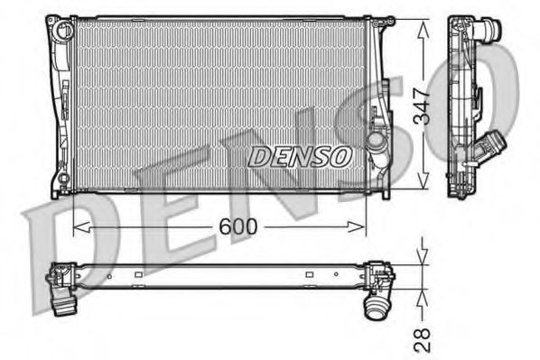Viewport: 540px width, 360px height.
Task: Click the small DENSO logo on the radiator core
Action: (299, 155)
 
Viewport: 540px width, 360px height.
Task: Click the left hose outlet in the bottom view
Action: (64, 305)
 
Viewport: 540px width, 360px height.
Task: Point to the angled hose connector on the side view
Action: (493, 143)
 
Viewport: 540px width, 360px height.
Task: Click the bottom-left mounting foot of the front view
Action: (59, 191)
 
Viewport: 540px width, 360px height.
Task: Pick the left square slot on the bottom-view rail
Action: (109, 274)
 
